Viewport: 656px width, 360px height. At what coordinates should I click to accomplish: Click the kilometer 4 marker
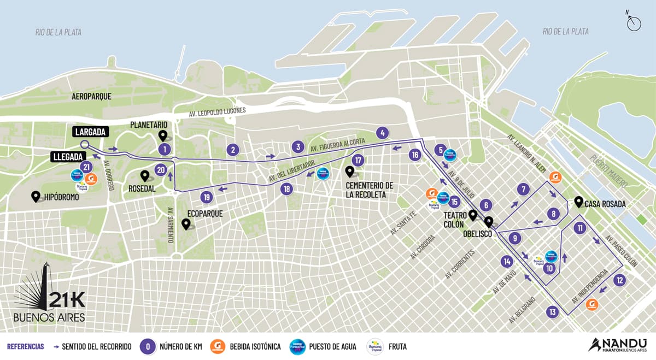click(x=382, y=133)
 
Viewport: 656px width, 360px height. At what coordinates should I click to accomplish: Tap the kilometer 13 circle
click(x=553, y=312)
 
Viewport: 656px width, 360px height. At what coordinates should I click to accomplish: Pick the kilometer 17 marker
click(x=358, y=161)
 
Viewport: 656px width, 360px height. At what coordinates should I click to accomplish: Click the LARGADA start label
click(x=90, y=132)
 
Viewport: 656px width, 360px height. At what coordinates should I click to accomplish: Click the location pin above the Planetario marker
click(x=162, y=135)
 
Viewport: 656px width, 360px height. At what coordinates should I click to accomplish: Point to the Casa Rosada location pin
click(x=578, y=202)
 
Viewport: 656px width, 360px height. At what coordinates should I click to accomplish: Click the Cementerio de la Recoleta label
click(x=369, y=190)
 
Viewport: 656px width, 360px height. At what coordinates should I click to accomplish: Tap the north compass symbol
click(x=634, y=23)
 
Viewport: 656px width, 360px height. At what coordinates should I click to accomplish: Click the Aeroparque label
click(x=91, y=96)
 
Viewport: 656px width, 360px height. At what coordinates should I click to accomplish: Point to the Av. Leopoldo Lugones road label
click(x=218, y=112)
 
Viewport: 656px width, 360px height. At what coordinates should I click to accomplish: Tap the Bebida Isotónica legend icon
click(x=218, y=346)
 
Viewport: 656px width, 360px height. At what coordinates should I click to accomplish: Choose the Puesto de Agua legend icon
click(x=297, y=346)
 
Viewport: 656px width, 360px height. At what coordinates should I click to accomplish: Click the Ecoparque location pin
click(x=186, y=224)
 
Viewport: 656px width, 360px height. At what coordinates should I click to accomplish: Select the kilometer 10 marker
click(x=550, y=268)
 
